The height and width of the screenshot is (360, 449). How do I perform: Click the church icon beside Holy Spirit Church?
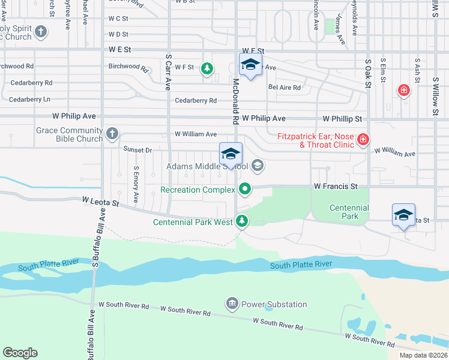41,31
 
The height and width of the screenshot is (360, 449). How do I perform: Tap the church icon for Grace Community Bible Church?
112,134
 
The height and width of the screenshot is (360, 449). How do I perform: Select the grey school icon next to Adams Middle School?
258,166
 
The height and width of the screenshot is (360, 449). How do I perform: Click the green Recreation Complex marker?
245,190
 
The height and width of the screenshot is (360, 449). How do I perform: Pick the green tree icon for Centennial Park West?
242,221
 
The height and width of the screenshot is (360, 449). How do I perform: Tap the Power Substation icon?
232,304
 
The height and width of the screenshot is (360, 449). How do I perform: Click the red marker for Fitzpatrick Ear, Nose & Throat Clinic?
363,140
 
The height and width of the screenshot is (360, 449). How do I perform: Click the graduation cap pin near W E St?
250,65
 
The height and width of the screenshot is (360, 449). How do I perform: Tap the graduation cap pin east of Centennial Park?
403,215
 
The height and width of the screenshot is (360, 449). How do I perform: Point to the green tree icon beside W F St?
207,68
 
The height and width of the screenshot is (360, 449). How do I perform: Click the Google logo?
20,352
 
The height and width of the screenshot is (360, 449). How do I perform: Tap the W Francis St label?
336,187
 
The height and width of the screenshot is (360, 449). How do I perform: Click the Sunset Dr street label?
137,149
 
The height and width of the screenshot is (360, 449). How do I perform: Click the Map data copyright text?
423,355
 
